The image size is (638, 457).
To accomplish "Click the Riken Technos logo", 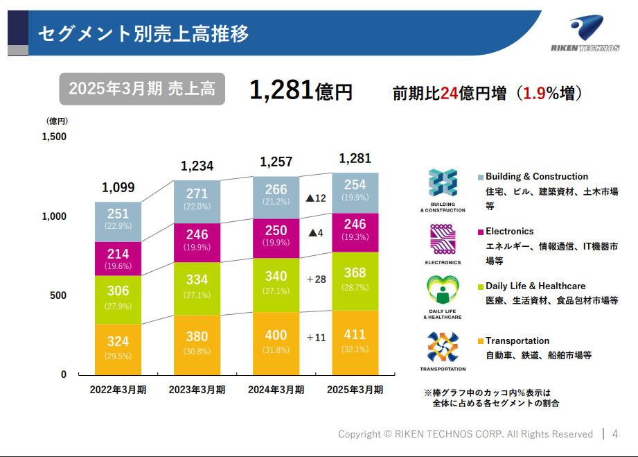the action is pyautogui.click(x=585, y=33).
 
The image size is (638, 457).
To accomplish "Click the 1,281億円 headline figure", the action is pyautogui.click(x=301, y=90).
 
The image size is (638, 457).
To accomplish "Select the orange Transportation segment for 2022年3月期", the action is pyautogui.click(x=118, y=350).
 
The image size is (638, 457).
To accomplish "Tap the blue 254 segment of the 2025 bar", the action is pyautogui.click(x=355, y=193).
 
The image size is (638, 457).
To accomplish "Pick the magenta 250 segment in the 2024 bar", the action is pyautogui.click(x=276, y=239).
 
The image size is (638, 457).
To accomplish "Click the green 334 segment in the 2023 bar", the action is pyautogui.click(x=197, y=288).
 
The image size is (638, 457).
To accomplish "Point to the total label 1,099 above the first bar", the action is pyautogui.click(x=118, y=187).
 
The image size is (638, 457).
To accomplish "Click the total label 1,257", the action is pyautogui.click(x=276, y=162).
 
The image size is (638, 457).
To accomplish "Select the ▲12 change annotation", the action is pyautogui.click(x=316, y=198).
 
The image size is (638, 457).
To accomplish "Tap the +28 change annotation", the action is pyautogui.click(x=316, y=279).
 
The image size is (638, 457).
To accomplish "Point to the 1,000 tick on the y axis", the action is pyautogui.click(x=54, y=216).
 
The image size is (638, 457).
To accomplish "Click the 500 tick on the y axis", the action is pyautogui.click(x=58, y=295).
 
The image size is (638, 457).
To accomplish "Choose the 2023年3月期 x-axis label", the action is pyautogui.click(x=197, y=390).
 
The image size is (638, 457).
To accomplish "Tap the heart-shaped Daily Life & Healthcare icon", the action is pyautogui.click(x=443, y=290).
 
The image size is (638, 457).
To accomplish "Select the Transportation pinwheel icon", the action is pyautogui.click(x=443, y=347).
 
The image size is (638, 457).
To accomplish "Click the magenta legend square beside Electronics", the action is pyautogui.click(x=481, y=232).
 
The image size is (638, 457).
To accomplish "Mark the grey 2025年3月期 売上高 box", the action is pyautogui.click(x=142, y=89).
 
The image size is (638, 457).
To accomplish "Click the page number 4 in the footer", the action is pyautogui.click(x=615, y=434).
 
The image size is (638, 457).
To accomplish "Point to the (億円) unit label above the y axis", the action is pyautogui.click(x=57, y=121).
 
